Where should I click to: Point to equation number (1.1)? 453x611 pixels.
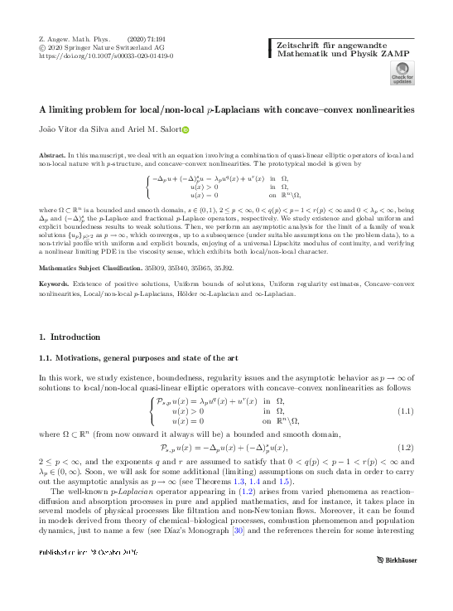tap(406, 411)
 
